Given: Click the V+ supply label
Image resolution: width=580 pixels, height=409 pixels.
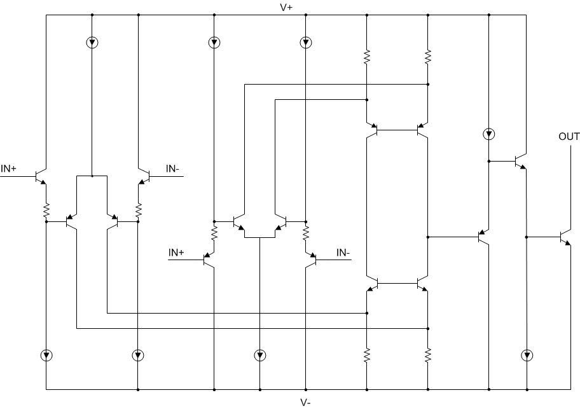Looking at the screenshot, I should point(286,7).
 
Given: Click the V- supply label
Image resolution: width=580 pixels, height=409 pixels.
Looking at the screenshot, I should point(305,402).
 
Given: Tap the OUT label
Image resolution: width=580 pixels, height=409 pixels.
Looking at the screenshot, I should point(569,137).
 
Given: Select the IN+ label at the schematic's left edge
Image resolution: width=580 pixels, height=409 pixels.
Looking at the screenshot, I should point(9,169).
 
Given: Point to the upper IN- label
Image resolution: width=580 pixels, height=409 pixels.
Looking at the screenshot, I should point(172,169).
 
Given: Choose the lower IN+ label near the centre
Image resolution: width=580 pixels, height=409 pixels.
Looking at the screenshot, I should point(176,253).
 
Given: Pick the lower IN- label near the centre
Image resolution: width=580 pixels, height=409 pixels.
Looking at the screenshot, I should point(343,253).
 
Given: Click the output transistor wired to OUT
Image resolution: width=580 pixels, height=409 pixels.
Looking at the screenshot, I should point(565,237).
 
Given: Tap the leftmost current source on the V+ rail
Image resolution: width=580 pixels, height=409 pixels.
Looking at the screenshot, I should point(92,43).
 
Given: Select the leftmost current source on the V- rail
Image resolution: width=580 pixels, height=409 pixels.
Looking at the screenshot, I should point(46,355).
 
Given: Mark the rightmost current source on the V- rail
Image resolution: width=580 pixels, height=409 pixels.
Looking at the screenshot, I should point(527,355).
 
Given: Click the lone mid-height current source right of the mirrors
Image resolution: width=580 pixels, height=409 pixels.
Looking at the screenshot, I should point(488,134).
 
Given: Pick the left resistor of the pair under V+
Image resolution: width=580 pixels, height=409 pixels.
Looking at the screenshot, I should point(367,57).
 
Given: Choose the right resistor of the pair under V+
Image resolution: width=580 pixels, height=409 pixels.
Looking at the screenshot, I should point(428,57).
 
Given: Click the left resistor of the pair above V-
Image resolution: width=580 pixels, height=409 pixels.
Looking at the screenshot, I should point(367,355).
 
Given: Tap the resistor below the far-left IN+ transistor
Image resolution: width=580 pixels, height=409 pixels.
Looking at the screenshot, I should point(46,209).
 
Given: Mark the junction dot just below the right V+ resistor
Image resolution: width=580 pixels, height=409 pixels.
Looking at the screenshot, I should point(428,84).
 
